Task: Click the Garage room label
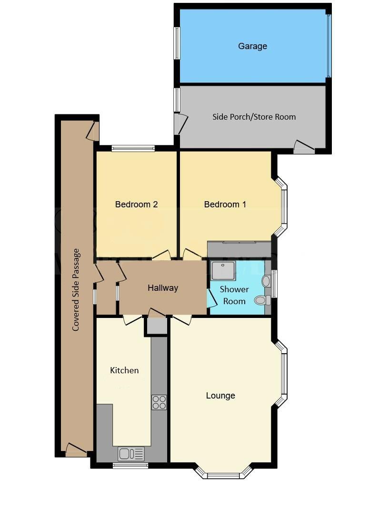coord(252,46)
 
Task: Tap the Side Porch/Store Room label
coord(254,117)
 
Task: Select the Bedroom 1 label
coord(225,205)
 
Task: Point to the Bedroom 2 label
coord(136,205)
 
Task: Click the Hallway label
coord(162,288)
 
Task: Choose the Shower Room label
coord(234,295)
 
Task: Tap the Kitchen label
coord(124,370)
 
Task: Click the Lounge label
coord(220,396)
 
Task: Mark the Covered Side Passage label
coord(76,289)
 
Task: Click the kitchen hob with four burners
coord(159,402)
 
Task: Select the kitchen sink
coord(131,454)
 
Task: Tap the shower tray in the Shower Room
coord(223,271)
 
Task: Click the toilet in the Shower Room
coord(261,300)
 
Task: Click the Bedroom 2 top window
coord(133,148)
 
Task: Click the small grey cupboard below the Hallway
coord(156,327)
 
